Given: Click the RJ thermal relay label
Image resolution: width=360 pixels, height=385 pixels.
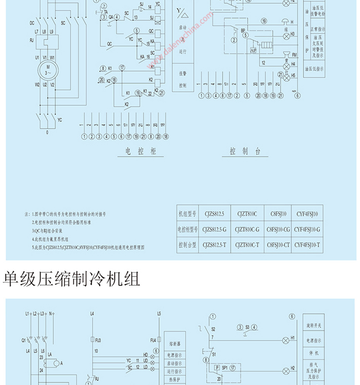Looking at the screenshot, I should (31, 40).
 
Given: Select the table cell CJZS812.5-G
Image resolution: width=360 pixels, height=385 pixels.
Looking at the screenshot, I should (217, 229).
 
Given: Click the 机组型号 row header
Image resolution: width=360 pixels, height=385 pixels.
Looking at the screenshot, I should (186, 214).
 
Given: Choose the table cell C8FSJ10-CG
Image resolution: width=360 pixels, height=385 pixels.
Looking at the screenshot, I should (278, 229).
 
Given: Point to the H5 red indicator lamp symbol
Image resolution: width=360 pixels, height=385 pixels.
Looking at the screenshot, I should (286, 75).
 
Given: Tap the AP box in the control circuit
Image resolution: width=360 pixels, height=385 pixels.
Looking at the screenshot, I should (253, 51).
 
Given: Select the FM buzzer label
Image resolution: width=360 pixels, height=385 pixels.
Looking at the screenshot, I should (294, 54).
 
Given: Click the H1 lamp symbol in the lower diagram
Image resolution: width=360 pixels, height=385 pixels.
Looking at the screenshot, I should (285, 337).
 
